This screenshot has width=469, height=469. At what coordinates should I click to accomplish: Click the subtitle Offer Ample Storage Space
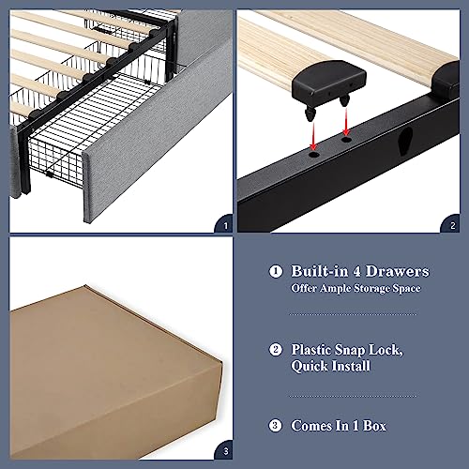[x=355, y=288]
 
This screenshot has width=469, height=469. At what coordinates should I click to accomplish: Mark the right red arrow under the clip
[x=346, y=121]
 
